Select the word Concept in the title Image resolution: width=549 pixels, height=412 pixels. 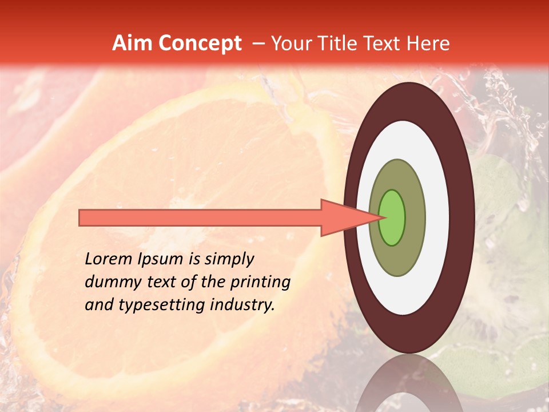[200, 43]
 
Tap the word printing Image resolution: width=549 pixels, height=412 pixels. [260, 283]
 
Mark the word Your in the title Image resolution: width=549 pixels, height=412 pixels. [289, 43]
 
